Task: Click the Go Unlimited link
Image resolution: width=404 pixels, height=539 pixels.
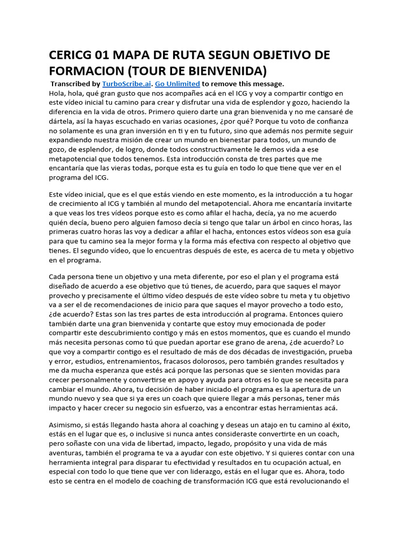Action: click(x=175, y=84)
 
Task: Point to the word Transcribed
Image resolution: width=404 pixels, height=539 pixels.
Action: click(x=71, y=84)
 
